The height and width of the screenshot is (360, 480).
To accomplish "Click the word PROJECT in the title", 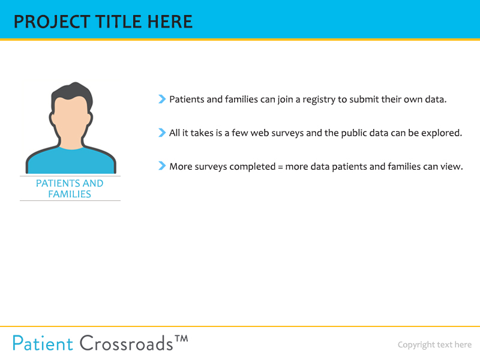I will pyautogui.click(x=49, y=22).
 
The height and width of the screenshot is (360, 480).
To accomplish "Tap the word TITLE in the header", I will pyautogui.click(x=113, y=22).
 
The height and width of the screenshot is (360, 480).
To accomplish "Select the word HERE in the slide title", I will pyautogui.click(x=167, y=22).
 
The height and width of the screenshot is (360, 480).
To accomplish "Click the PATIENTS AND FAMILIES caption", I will pyautogui.click(x=70, y=188).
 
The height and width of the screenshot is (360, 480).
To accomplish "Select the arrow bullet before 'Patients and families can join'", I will pyautogui.click(x=162, y=99).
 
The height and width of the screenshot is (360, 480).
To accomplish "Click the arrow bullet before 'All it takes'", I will pyautogui.click(x=162, y=133).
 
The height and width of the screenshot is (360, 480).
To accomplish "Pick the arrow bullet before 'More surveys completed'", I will pyautogui.click(x=162, y=166).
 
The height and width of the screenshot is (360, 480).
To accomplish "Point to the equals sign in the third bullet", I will pyautogui.click(x=280, y=167).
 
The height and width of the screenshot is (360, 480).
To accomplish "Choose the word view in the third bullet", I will pyautogui.click(x=450, y=167).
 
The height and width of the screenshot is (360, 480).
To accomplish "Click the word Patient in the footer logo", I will pyautogui.click(x=43, y=343).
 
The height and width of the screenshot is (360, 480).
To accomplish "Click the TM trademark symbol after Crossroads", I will pyautogui.click(x=181, y=339).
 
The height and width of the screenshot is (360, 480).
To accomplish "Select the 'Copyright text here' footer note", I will pyautogui.click(x=434, y=344).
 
